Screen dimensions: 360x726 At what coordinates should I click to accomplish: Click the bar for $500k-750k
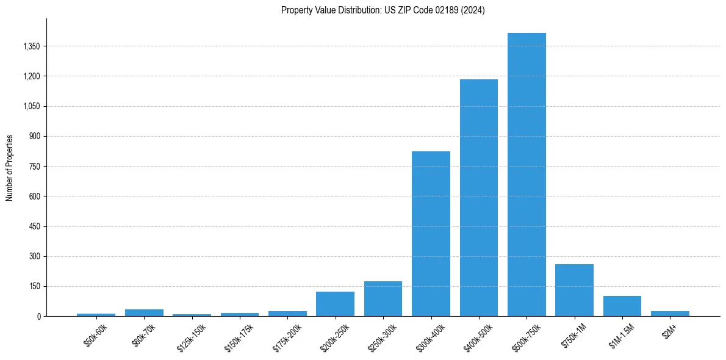[527, 175]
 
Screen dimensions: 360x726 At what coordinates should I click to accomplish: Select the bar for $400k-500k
[479, 198]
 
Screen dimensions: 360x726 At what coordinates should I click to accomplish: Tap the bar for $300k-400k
[431, 234]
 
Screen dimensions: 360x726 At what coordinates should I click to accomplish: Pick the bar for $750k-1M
[574, 290]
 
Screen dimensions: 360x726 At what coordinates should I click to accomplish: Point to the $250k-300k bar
[383, 299]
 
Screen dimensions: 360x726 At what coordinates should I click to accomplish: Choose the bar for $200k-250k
[335, 304]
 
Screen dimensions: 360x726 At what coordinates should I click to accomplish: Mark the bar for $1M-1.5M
[622, 306]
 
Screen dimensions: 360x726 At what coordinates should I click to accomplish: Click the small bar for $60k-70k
[144, 312]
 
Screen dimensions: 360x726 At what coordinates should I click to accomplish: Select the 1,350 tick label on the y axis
[30, 46]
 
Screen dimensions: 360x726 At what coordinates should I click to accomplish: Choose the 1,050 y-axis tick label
[30, 106]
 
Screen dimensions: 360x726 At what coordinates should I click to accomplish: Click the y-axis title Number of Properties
[10, 168]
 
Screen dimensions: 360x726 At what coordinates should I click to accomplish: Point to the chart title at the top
[383, 10]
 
